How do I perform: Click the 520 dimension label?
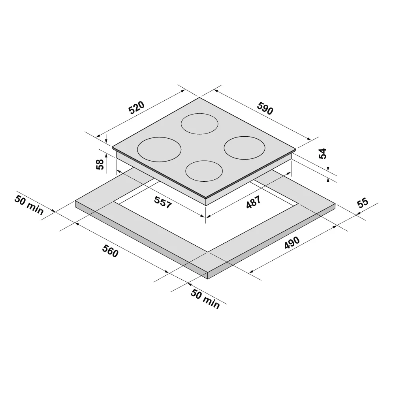pyautogui.click(x=137, y=107)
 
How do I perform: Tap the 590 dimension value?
pyautogui.click(x=265, y=108)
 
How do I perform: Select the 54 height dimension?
pyautogui.click(x=323, y=154)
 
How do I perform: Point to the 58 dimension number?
pyautogui.click(x=100, y=164)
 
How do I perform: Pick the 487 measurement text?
pyautogui.click(x=254, y=202)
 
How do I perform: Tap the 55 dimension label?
pyautogui.click(x=363, y=203)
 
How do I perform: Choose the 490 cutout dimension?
pyautogui.click(x=292, y=243)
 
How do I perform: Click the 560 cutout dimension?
pyautogui.click(x=110, y=251)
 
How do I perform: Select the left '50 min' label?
pyautogui.click(x=29, y=205)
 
